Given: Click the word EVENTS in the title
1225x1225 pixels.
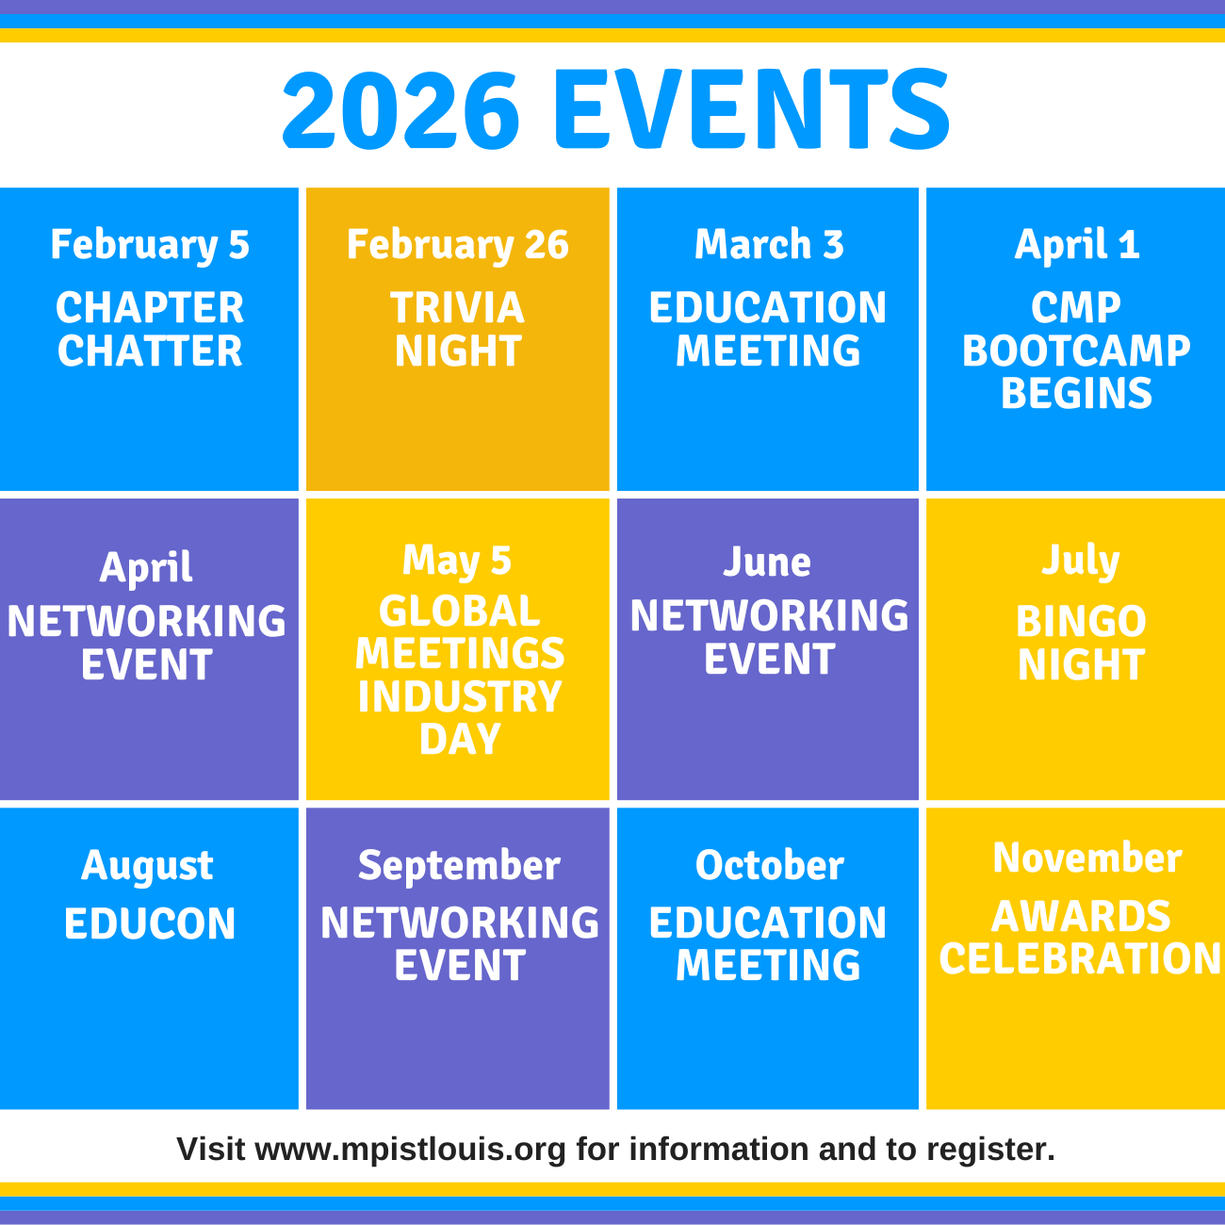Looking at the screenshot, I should point(751,110).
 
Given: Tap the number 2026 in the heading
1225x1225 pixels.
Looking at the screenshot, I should point(401,110).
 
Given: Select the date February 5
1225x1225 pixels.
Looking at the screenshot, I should point(150,245).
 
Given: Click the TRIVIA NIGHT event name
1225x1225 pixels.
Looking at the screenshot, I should point(458,330).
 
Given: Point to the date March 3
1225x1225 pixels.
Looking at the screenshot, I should point(769,245).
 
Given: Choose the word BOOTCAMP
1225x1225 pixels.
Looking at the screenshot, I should point(1076,351).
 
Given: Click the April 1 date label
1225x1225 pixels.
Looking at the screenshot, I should point(1077,245).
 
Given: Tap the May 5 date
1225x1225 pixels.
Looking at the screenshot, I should point(457,561).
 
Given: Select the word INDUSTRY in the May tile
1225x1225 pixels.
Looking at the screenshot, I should point(460,697).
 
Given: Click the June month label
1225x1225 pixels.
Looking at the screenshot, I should point(768,563).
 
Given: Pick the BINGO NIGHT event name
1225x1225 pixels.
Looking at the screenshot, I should point(1081,643).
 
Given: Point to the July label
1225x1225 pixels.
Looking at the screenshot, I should point(1081,562).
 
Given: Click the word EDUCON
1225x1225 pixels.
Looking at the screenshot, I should point(150,923).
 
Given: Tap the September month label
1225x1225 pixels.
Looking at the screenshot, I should point(459,866).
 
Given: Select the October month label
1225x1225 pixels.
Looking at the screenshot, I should point(769,866).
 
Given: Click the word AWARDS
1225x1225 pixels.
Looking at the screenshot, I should point(1081,916).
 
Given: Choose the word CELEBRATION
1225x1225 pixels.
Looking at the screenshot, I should point(1081,959).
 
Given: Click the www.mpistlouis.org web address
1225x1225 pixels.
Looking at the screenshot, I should point(411,1150).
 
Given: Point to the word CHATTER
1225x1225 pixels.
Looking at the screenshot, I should point(150,351).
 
